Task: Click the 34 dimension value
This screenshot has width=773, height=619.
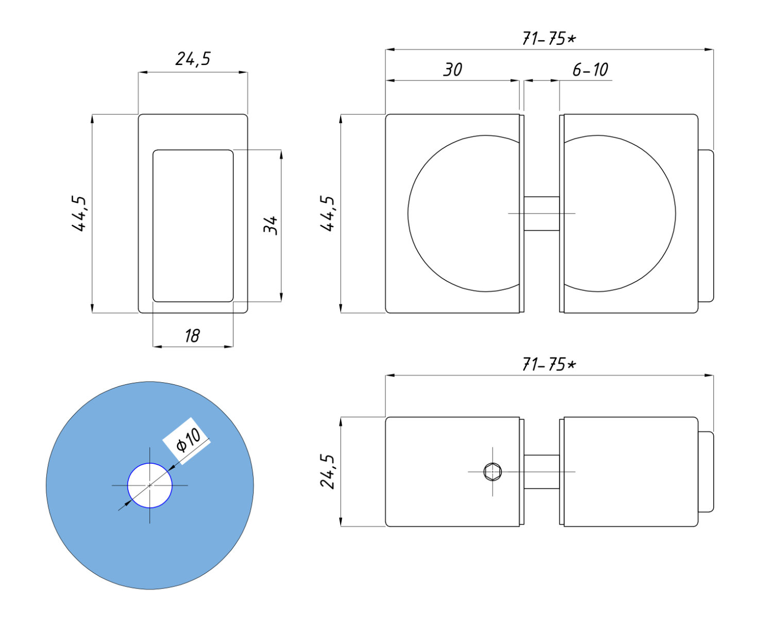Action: [x=271, y=225]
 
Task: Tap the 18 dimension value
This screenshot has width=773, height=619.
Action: [x=192, y=336]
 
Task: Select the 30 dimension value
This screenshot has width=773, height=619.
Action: [x=453, y=70]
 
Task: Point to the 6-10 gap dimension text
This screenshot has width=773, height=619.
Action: [x=590, y=70]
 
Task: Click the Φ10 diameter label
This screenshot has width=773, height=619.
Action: [x=188, y=440]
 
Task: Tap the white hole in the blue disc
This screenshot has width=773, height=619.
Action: [x=150, y=485]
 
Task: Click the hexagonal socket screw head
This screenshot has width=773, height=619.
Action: [x=493, y=471]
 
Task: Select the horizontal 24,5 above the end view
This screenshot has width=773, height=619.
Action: [x=193, y=59]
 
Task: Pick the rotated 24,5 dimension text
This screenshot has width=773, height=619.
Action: [x=328, y=471]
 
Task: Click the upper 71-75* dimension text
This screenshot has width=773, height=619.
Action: [x=549, y=39]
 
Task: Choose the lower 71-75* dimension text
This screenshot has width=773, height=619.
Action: [x=549, y=365]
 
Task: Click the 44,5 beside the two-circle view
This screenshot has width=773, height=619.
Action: [x=328, y=214]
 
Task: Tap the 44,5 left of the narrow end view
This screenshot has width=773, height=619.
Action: [x=80, y=214]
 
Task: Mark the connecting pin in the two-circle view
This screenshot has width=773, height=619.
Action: [x=542, y=214]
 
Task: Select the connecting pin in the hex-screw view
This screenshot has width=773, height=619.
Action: [x=542, y=471]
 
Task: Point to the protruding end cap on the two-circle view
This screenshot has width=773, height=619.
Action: [x=706, y=225]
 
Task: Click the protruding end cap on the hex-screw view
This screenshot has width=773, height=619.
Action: [x=706, y=471]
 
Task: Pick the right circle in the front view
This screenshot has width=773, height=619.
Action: [x=624, y=214]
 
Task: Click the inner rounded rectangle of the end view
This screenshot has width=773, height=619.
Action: [x=193, y=225]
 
